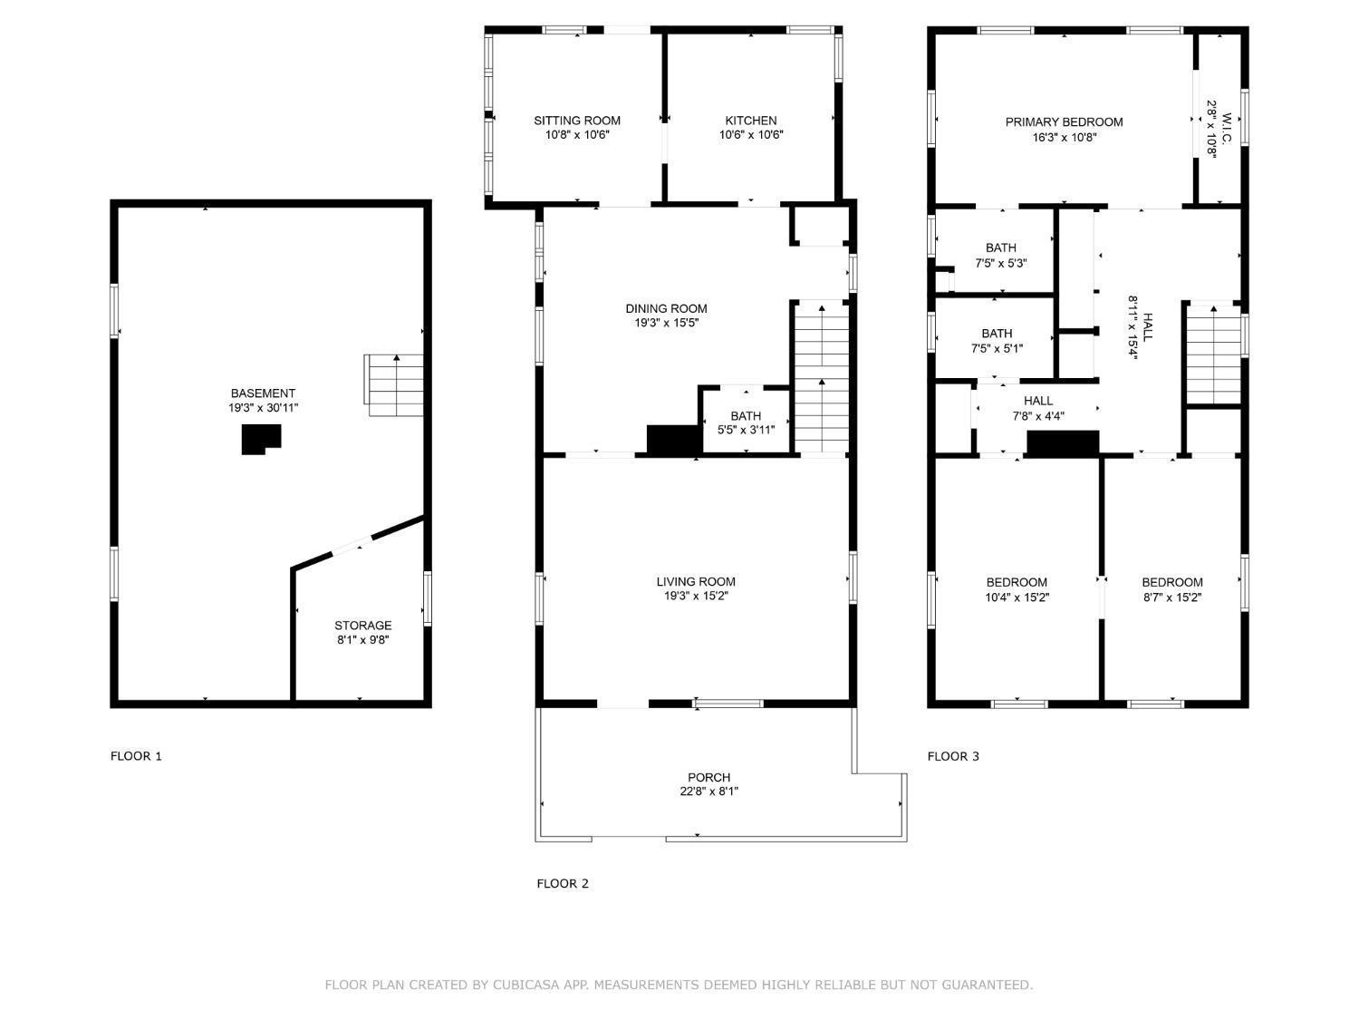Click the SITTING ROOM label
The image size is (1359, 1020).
[x=576, y=121]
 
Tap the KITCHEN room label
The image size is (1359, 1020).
[x=750, y=121]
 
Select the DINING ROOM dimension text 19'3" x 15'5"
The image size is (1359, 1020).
[x=666, y=323]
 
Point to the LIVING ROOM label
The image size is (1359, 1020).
[x=695, y=581]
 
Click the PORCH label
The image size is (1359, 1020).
[x=708, y=777]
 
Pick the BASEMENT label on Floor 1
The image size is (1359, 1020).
[x=263, y=393]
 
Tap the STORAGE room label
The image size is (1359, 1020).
[x=362, y=626]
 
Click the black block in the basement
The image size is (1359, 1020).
[x=261, y=439]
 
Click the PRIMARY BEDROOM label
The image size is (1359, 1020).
[x=1064, y=122]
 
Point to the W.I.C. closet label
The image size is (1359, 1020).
[x=1227, y=128]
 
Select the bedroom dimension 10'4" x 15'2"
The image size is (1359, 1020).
[x=1017, y=597]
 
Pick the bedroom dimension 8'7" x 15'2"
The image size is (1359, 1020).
[x=1172, y=597]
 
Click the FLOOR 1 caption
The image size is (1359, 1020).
[x=136, y=756]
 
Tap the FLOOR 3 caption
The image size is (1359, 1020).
[x=953, y=756]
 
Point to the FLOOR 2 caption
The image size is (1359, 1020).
[x=563, y=884]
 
